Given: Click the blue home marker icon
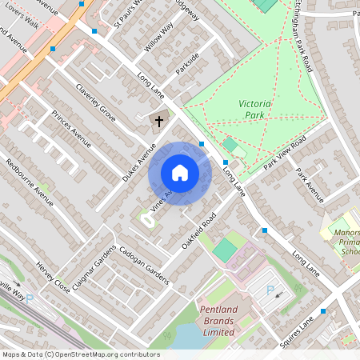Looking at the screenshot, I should tap(179, 173).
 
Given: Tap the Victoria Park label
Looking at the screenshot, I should tap(256, 110).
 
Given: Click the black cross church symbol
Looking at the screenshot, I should tap(158, 122).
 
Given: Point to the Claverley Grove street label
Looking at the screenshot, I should tap(96, 103).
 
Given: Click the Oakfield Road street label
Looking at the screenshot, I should tap(199, 230).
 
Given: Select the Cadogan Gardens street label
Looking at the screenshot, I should tap(144, 265).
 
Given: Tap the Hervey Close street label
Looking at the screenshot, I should tap(53, 277).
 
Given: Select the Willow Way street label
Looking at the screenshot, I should tap(159, 38).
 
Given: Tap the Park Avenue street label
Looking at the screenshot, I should tap(309, 185).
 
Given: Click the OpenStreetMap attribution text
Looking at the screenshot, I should tap(80, 354).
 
